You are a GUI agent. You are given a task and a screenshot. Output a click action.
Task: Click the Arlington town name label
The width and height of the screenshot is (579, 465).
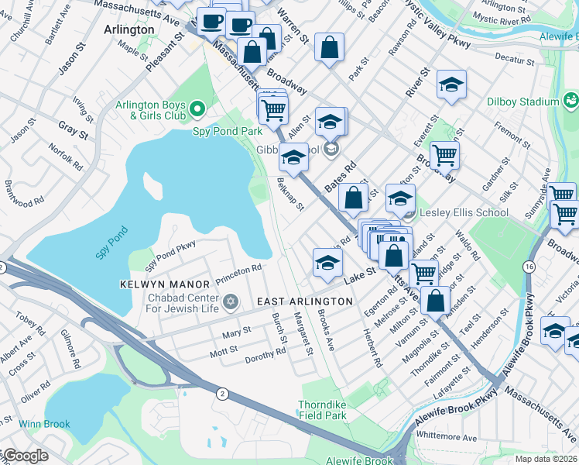click(x=128, y=29)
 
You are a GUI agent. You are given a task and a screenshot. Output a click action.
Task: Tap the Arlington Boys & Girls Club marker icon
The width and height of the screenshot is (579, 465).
click(x=197, y=108)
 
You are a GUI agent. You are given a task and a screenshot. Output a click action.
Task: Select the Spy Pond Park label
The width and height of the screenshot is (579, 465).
click(x=228, y=131)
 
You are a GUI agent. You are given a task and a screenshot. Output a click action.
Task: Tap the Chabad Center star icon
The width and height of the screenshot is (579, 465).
click(x=229, y=301)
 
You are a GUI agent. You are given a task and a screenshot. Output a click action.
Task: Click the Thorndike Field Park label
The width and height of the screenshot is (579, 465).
click(x=323, y=410)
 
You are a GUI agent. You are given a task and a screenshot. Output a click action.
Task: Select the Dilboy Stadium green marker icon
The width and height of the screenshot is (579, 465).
click(x=571, y=100)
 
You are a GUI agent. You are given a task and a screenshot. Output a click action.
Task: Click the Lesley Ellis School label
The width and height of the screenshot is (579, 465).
click(x=464, y=212)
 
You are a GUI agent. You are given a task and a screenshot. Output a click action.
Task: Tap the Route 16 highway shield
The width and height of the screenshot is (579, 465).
click(x=528, y=267)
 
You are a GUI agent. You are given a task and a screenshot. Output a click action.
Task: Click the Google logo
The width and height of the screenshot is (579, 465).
click(x=25, y=456)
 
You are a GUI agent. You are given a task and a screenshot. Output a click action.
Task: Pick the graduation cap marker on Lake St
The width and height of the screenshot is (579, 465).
click(x=327, y=262)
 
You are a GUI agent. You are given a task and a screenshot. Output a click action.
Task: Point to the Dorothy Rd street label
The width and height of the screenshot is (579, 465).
click(x=265, y=354)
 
